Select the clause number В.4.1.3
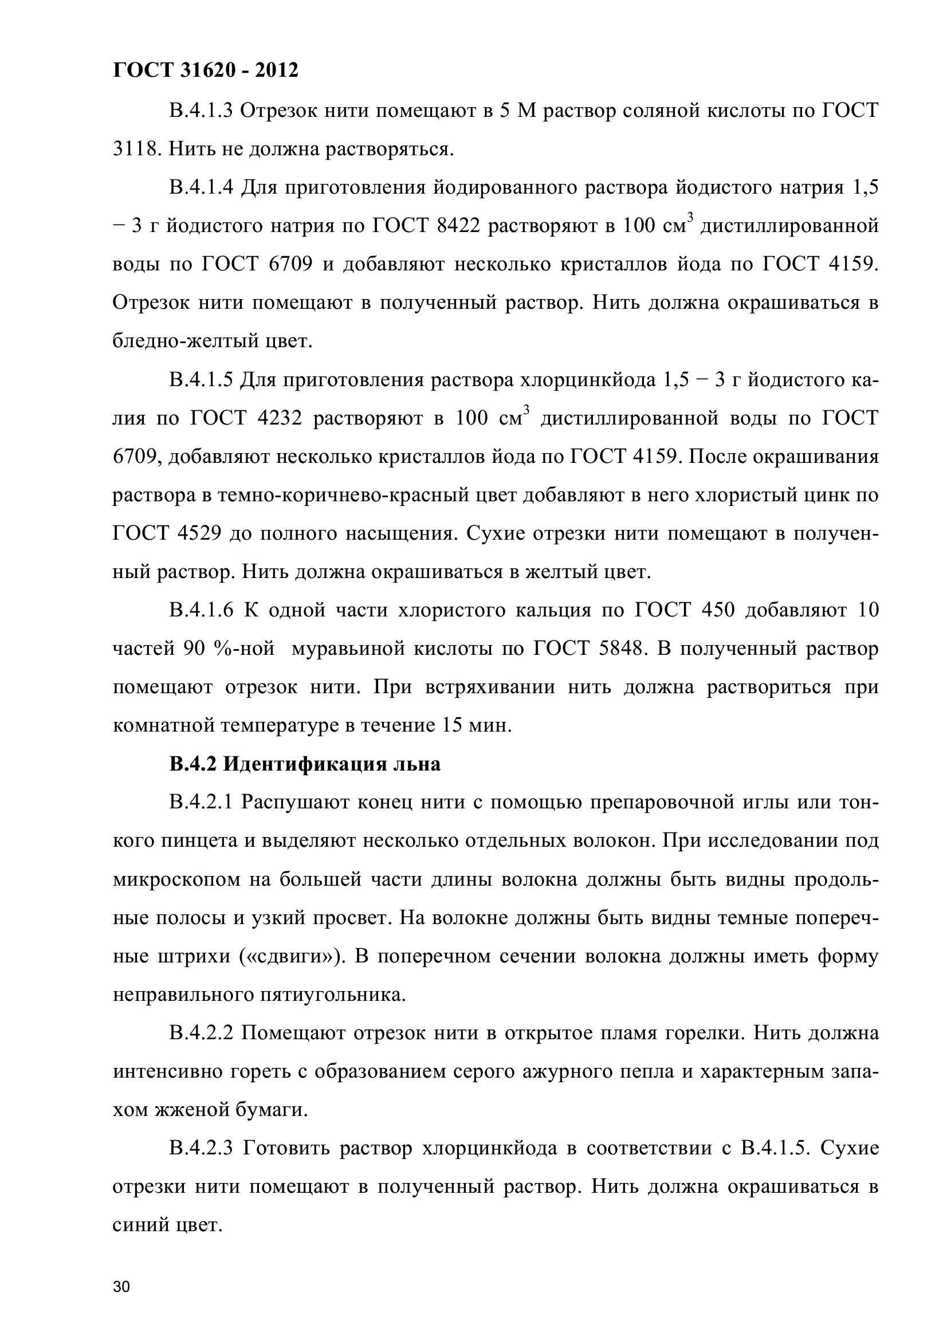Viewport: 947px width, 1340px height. pos(201,111)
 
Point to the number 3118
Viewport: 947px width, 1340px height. pos(136,150)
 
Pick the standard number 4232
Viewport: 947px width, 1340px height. pos(280,418)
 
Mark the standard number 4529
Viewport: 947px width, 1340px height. pos(196,534)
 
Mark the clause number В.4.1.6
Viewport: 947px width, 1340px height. pos(201,611)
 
